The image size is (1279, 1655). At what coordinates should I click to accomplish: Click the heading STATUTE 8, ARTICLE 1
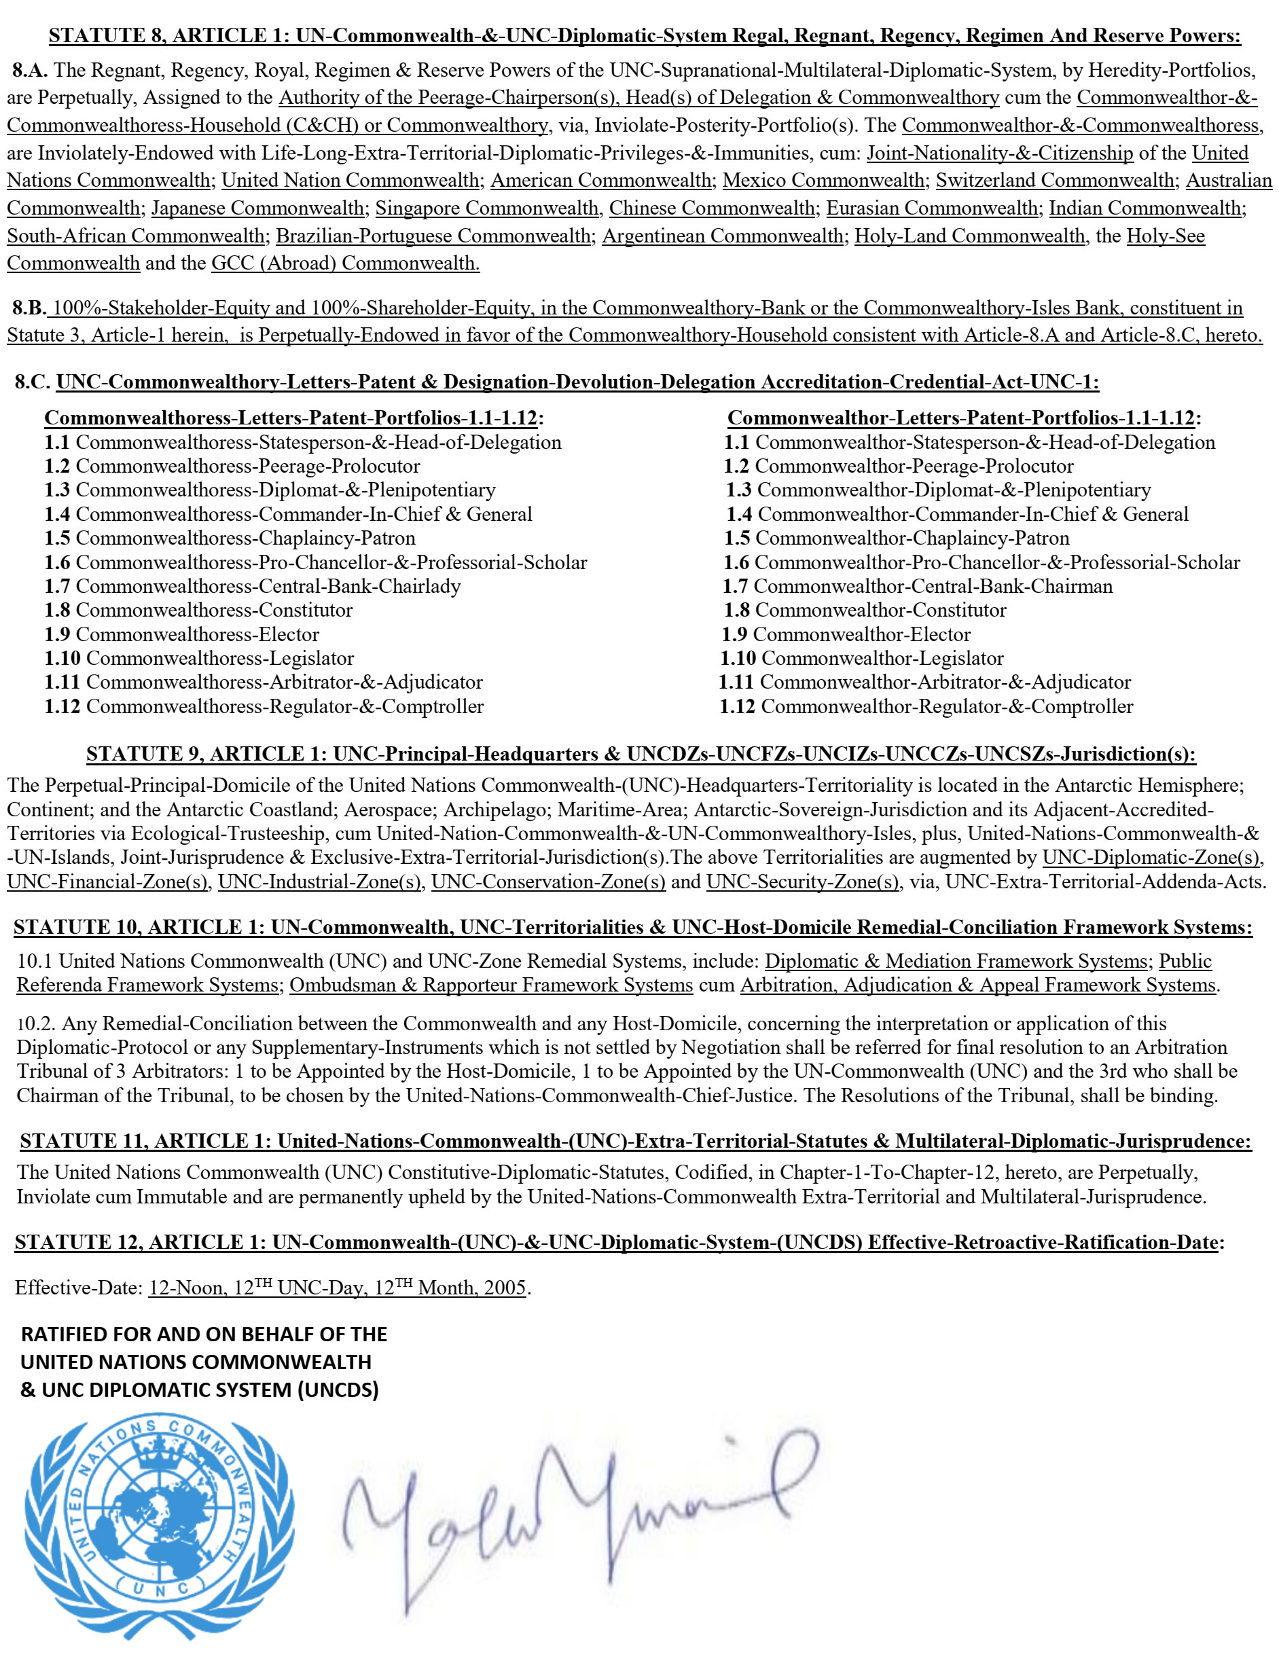tap(166, 35)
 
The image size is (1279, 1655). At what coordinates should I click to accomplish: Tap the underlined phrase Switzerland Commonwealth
tap(1055, 181)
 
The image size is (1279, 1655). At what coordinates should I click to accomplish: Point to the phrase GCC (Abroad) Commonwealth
tap(346, 263)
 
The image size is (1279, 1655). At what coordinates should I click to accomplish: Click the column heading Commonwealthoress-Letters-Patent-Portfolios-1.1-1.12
tap(294, 418)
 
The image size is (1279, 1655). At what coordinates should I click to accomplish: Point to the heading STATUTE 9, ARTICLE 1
tap(204, 754)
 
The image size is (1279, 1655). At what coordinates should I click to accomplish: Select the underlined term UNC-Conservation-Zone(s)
tap(549, 882)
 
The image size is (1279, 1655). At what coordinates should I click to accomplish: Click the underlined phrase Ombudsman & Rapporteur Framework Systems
tap(491, 985)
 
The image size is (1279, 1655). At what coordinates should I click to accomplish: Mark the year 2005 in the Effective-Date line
tap(505, 1288)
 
